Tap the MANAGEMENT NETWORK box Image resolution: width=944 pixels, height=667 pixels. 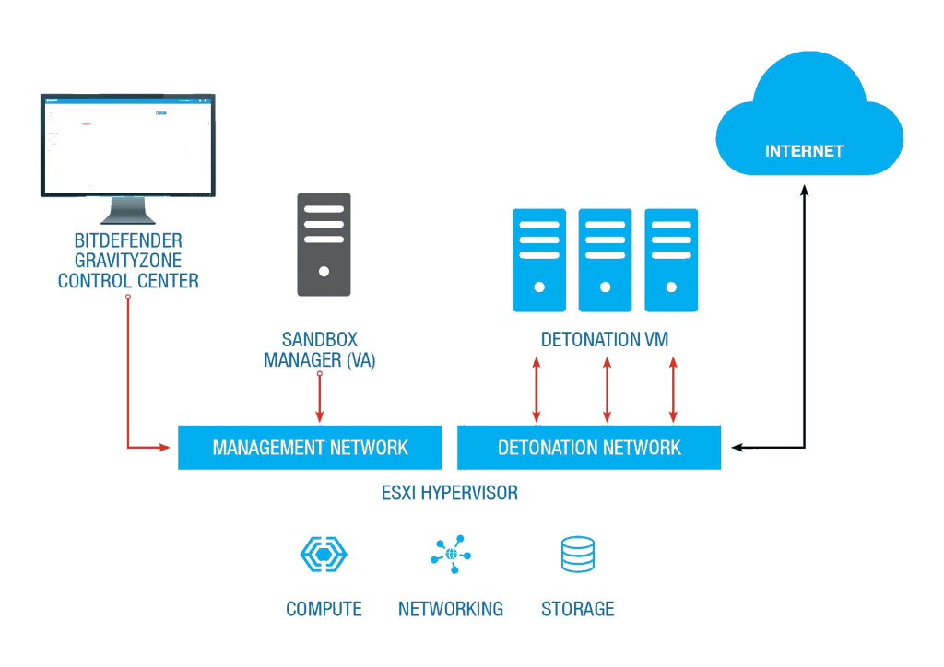click(310, 448)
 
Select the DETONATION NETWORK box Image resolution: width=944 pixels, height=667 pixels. click(589, 448)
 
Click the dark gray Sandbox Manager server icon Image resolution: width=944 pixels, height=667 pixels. click(324, 244)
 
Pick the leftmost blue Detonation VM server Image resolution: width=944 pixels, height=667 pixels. click(539, 260)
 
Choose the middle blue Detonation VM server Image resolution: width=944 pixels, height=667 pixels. click(605, 260)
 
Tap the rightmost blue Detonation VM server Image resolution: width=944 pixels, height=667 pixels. click(671, 260)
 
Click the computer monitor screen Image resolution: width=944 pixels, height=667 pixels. click(127, 145)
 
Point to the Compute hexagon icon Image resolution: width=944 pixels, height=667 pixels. click(324, 554)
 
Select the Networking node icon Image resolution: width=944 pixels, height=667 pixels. click(451, 554)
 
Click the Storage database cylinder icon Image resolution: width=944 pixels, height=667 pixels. click(578, 554)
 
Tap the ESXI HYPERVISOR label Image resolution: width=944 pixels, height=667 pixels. click(450, 493)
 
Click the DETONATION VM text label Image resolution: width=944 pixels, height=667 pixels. click(605, 340)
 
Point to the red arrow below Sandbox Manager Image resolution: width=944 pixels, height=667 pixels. click(320, 397)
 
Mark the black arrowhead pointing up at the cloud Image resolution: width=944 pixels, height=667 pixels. click(804, 191)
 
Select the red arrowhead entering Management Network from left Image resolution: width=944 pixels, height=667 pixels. click(164, 448)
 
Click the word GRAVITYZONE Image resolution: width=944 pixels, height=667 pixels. click(128, 261)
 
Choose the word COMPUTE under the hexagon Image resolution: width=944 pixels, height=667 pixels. click(324, 609)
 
